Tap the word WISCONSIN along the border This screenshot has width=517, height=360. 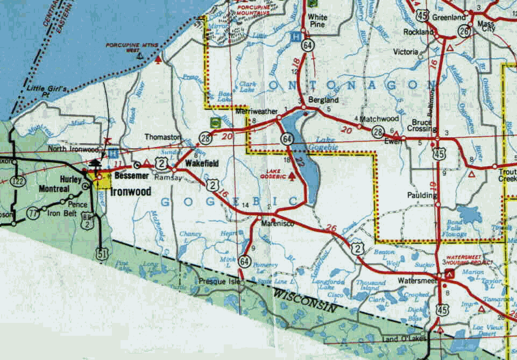click(304, 301)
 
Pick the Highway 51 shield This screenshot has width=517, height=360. click(102, 255)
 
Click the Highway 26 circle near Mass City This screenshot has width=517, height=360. click(465, 32)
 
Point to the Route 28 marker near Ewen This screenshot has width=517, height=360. click(378, 131)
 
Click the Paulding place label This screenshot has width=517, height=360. click(423, 195)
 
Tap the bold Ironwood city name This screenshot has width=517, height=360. click(131, 192)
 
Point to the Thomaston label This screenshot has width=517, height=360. click(162, 137)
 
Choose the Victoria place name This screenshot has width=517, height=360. click(406, 52)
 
